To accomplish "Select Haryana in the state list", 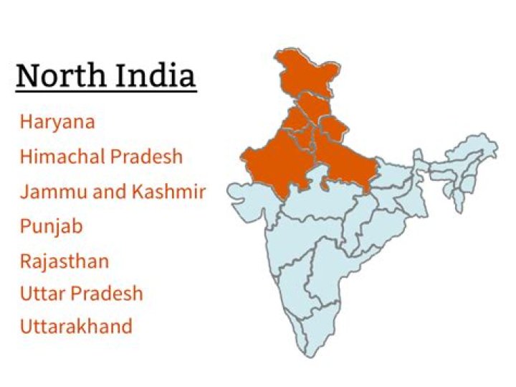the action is pyautogui.click(x=57, y=122).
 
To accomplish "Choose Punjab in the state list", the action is pyautogui.click(x=52, y=227).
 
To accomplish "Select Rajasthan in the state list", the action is pyautogui.click(x=64, y=261).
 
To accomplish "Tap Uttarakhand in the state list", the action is pyautogui.click(x=76, y=327).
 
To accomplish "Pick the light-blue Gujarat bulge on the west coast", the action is pyautogui.click(x=247, y=205).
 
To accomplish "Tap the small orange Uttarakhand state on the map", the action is pyautogui.click(x=333, y=129).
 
